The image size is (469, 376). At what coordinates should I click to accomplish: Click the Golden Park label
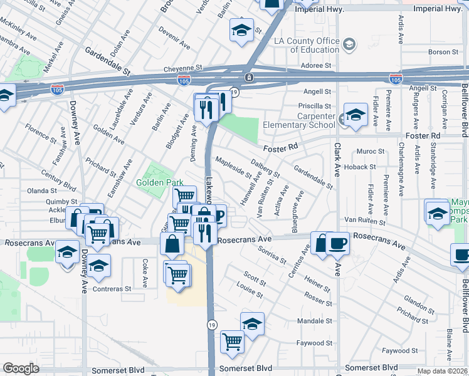tap(159, 182)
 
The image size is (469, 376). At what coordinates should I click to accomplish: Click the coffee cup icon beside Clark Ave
tap(337, 243)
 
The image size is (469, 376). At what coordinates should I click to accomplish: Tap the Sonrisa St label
tap(272, 254)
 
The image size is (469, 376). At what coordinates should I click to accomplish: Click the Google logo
tap(21, 368)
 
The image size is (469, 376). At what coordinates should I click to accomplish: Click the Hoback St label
tap(359, 167)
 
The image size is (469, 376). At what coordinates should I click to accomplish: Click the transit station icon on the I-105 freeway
tap(250, 77)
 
